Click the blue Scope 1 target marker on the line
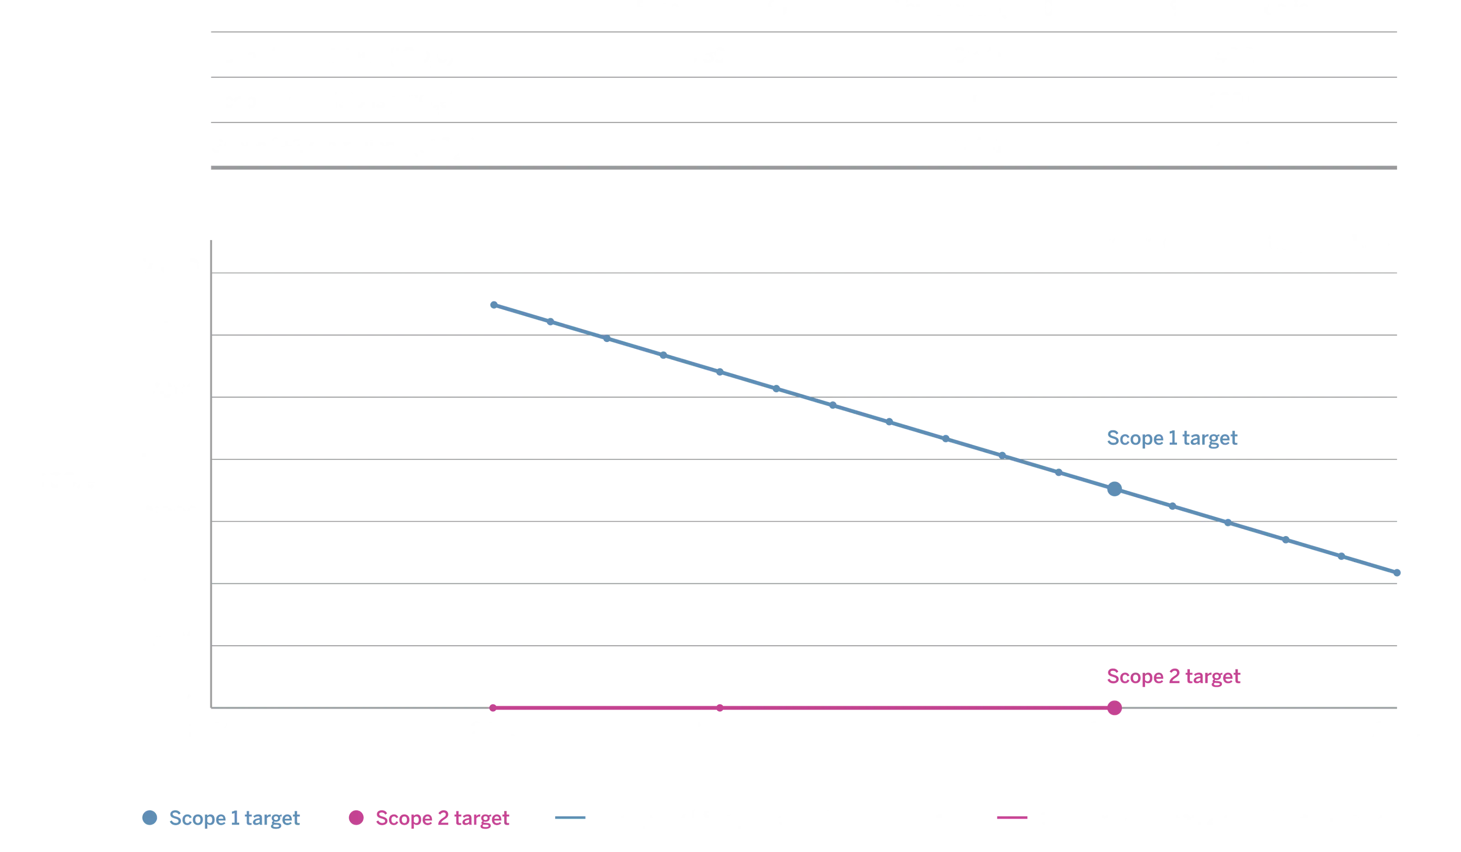(1113, 489)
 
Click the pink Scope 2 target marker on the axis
(1114, 708)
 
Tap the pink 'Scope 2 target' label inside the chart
(1173, 676)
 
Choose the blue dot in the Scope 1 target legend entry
(150, 818)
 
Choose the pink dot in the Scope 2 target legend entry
(356, 818)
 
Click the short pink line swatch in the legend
(1011, 818)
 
